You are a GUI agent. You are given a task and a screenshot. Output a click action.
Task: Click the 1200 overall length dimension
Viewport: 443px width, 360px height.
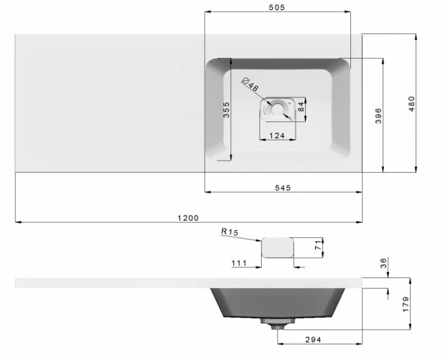click(188, 218)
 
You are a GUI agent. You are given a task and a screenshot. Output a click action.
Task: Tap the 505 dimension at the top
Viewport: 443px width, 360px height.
click(277, 7)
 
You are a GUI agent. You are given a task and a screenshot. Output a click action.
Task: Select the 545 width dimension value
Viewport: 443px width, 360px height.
click(283, 188)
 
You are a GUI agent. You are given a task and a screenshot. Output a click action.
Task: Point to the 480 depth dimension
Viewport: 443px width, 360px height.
click(412, 103)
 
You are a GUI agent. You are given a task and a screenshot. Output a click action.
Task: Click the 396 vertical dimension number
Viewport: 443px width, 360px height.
click(379, 116)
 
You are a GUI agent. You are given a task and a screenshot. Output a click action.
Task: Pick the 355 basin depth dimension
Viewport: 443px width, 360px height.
click(226, 110)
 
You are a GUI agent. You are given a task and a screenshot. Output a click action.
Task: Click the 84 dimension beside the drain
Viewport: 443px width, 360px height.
click(301, 107)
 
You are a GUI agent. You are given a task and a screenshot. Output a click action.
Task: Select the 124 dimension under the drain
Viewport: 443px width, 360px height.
click(277, 136)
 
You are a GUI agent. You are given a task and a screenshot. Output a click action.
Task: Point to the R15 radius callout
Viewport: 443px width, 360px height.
click(230, 232)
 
